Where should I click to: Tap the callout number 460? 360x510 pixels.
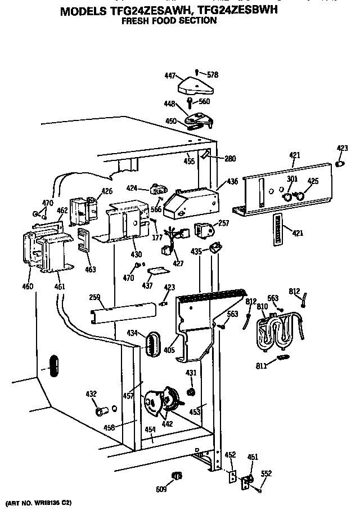(x=28, y=287)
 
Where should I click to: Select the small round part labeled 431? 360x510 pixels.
(x=191, y=392)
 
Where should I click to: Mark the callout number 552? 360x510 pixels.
(x=267, y=473)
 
